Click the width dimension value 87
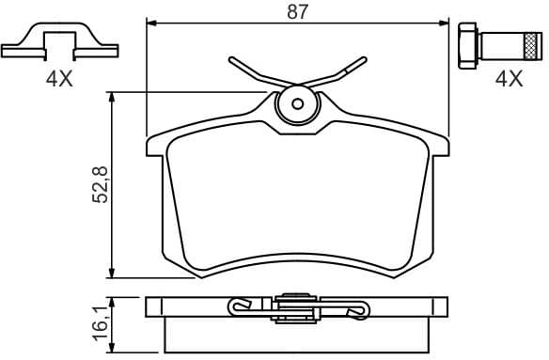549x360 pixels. [x=298, y=11]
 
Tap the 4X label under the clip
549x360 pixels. [x=58, y=80]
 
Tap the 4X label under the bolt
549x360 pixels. [x=509, y=80]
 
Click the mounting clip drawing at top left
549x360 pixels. [x=58, y=42]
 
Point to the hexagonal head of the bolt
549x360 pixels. [x=465, y=44]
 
